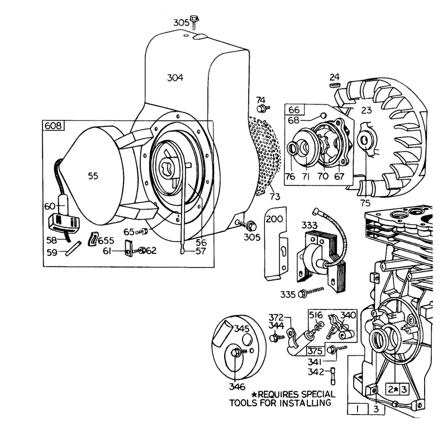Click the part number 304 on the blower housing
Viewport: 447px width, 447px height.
pyautogui.click(x=175, y=78)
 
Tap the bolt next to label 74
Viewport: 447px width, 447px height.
pyautogui.click(x=263, y=108)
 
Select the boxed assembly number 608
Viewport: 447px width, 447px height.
pyautogui.click(x=54, y=125)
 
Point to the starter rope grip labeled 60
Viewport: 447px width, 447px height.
pyautogui.click(x=63, y=203)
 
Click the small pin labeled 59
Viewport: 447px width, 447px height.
pyautogui.click(x=73, y=248)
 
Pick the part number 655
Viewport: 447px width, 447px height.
pyautogui.click(x=106, y=241)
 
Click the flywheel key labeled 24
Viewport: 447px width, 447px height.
pyautogui.click(x=335, y=85)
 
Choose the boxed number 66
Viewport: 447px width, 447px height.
pyautogui.click(x=294, y=110)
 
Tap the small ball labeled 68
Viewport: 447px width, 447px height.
pyautogui.click(x=324, y=116)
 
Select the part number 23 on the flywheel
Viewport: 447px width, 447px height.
pyautogui.click(x=367, y=110)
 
